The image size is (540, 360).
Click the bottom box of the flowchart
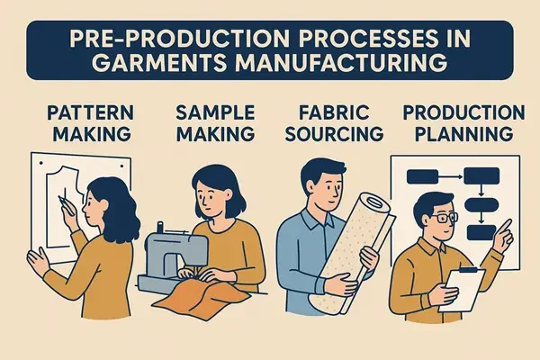[x=480, y=233]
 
